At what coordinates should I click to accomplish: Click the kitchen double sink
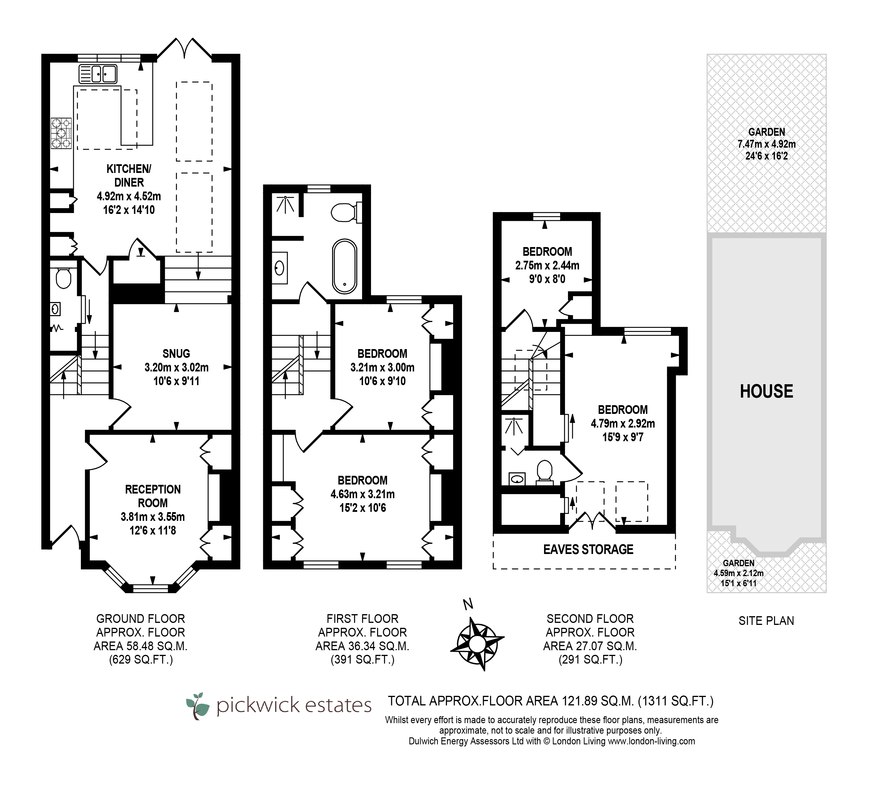pos(98,74)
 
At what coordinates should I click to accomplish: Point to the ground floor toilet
pos(63,278)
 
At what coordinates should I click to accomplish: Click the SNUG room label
pos(176,353)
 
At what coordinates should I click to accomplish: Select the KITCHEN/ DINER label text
pos(129,175)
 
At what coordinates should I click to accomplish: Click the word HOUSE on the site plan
pos(767,391)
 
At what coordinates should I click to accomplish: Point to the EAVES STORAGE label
pos(588,550)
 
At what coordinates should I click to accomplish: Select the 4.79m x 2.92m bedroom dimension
pos(623,423)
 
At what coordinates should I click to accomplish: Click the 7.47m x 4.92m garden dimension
pos(767,144)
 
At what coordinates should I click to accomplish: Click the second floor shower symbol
pos(514,426)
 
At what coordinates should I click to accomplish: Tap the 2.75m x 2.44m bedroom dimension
pos(547,265)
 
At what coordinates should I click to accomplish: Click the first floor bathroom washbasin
pos(280,268)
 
